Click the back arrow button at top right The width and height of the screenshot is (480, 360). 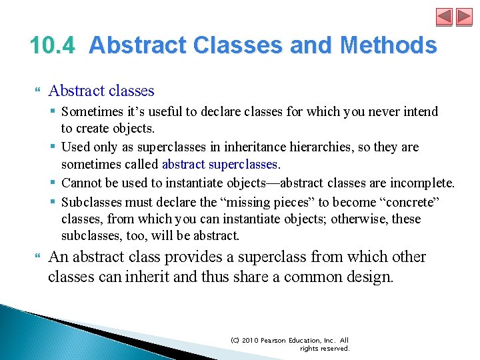point(445,17)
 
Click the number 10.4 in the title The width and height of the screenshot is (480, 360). point(54,45)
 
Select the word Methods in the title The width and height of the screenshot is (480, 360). point(388,45)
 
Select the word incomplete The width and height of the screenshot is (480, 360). point(422,183)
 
